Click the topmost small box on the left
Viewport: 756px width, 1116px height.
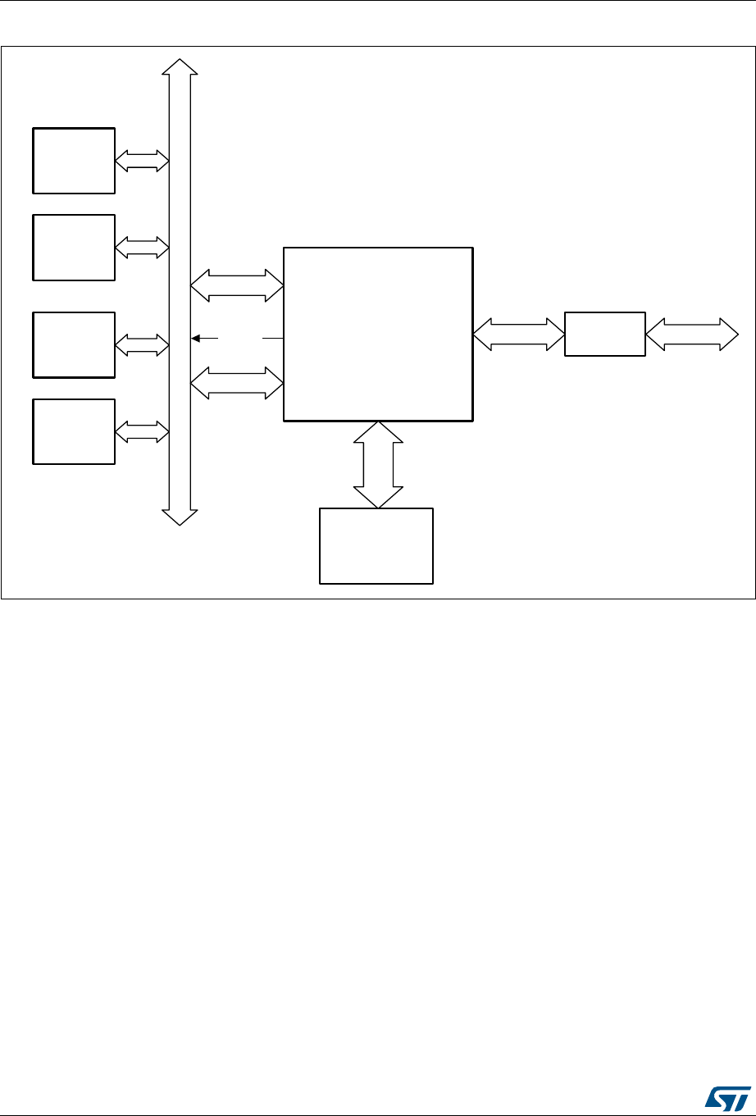(x=74, y=161)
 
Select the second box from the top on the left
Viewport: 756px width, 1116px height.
(x=74, y=247)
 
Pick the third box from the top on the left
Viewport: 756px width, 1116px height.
(x=74, y=344)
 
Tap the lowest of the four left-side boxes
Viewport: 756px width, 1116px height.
(x=74, y=431)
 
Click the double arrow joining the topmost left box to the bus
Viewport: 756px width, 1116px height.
(x=142, y=161)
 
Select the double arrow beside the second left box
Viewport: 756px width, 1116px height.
(x=142, y=247)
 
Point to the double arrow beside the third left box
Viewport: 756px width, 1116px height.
(x=142, y=345)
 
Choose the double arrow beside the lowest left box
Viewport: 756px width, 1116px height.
(x=142, y=431)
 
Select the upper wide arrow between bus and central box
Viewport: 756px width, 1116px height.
(x=237, y=286)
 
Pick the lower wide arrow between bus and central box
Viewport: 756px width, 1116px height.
(x=237, y=383)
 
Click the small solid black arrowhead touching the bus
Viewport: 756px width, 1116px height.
(x=195, y=337)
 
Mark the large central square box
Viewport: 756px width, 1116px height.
(x=378, y=334)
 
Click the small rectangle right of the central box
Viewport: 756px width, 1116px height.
(x=605, y=334)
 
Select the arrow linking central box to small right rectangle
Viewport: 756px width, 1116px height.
(x=519, y=335)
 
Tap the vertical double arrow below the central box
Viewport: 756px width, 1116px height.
(x=378, y=464)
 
